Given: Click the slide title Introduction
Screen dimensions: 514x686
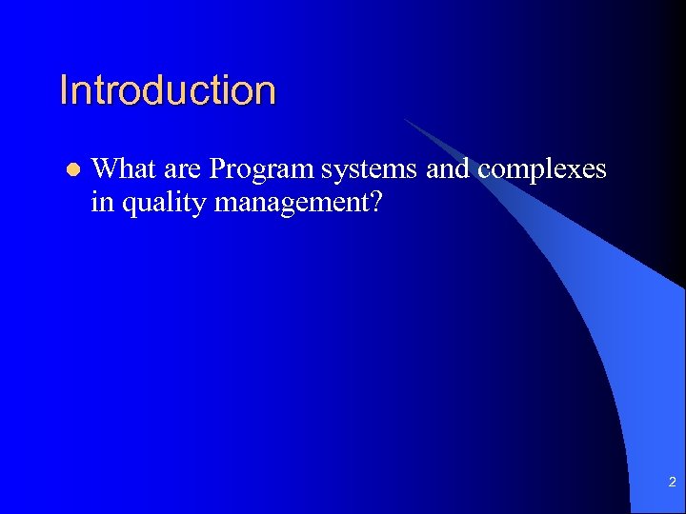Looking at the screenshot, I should tap(168, 90).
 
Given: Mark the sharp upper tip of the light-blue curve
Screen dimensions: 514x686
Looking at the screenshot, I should tap(406, 120).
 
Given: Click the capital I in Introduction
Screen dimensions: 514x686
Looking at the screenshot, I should tap(63, 90).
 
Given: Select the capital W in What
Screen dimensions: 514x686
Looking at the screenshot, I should tap(104, 168).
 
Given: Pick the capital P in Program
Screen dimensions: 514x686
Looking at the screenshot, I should tap(217, 168).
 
